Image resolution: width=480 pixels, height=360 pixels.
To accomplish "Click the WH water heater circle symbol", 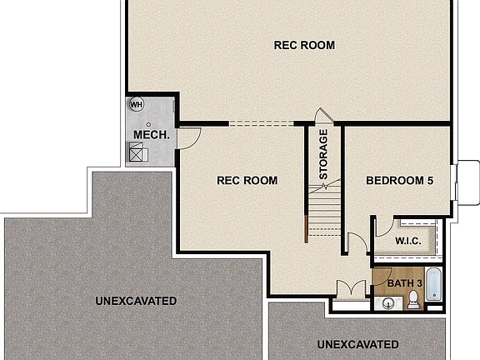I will (x=136, y=105).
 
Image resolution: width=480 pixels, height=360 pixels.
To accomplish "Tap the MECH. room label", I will (x=152, y=134).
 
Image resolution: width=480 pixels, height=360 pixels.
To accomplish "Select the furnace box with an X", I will (x=136, y=152).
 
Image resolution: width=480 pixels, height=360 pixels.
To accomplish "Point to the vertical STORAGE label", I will (x=323, y=155).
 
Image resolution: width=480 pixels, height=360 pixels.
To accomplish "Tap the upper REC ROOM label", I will (x=304, y=45).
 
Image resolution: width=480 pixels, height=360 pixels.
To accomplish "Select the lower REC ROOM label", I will (x=247, y=180).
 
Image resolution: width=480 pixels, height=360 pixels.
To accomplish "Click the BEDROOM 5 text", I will (x=399, y=180).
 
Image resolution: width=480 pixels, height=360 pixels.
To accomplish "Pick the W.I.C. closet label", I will (x=407, y=241).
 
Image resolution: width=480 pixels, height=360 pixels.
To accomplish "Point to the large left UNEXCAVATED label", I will (x=135, y=300).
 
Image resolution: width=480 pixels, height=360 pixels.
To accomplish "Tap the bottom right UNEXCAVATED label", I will (x=357, y=343).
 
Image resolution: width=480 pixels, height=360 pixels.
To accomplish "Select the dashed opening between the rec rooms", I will (x=261, y=124).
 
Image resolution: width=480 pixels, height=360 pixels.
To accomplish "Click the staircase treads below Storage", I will (x=323, y=218).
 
